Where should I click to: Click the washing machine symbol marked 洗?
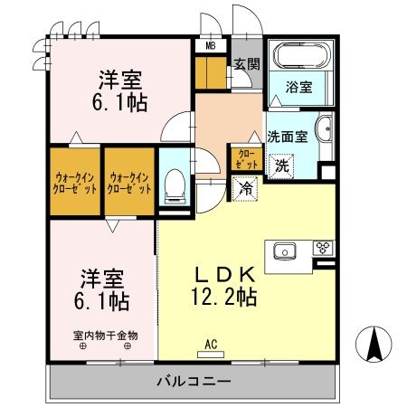point(282,165)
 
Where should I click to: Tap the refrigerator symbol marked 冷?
point(246,188)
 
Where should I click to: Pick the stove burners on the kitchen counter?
point(323,248)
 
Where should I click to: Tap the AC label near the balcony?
point(211,344)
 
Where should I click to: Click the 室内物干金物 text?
point(106,335)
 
